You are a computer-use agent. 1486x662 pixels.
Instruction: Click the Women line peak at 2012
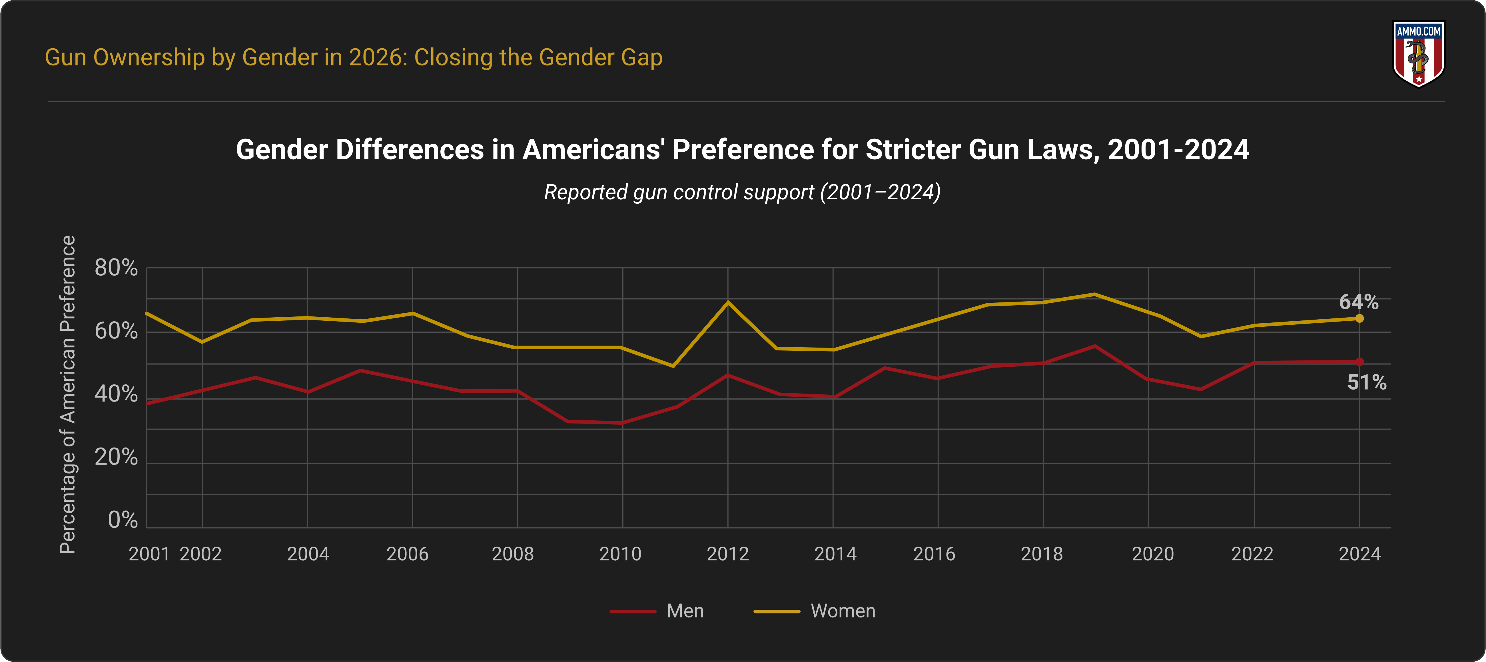point(728,302)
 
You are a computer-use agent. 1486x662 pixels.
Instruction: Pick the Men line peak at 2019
point(1095,346)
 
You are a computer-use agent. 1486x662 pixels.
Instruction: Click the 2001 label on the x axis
point(149,554)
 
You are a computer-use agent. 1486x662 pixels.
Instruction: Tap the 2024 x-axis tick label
point(1360,554)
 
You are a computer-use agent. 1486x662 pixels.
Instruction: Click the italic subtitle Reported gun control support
point(742,192)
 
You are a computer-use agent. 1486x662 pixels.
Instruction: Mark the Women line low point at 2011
point(673,366)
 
